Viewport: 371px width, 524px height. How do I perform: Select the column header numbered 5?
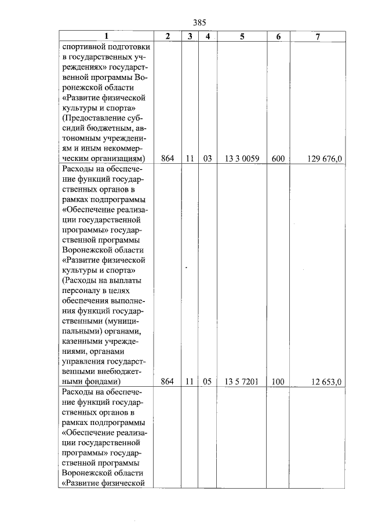pyautogui.click(x=242, y=36)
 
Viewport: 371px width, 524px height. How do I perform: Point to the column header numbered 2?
pyautogui.click(x=168, y=36)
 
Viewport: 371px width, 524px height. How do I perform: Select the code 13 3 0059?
pyautogui.click(x=242, y=158)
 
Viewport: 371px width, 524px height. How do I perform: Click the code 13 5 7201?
pyautogui.click(x=242, y=382)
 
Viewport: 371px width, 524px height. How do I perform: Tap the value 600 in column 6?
pyautogui.click(x=278, y=158)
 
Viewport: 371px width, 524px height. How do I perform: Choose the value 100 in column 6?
pyautogui.click(x=278, y=382)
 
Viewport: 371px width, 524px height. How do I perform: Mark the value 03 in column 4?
pyautogui.click(x=207, y=158)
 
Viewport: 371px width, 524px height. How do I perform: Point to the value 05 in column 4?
pyautogui.click(x=207, y=382)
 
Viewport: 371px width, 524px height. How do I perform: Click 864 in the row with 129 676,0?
pyautogui.click(x=168, y=158)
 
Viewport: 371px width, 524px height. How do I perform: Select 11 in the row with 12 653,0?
pyautogui.click(x=190, y=382)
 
